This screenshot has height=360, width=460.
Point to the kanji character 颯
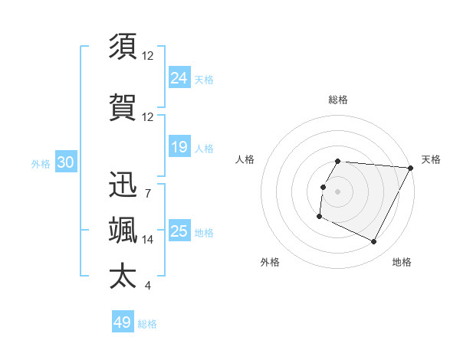[x=123, y=231]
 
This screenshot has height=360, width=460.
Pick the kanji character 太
[x=123, y=277]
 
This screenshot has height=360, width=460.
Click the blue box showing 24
[x=179, y=77]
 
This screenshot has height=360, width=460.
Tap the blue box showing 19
[x=179, y=147]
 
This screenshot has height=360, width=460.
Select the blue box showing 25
[x=179, y=231]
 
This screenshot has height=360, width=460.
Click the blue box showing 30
[x=65, y=162]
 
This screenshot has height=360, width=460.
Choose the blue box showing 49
[x=123, y=322]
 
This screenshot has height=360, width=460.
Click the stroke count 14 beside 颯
[x=148, y=240]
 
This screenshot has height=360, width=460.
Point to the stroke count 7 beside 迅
[x=148, y=193]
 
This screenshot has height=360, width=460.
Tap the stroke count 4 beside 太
[x=148, y=286]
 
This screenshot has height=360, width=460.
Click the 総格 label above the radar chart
[x=338, y=100]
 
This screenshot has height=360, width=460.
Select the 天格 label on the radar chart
[x=431, y=159]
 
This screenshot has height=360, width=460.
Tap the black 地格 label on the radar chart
[x=402, y=262]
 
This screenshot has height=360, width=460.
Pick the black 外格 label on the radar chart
[x=270, y=262]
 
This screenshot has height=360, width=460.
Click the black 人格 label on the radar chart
[x=245, y=159]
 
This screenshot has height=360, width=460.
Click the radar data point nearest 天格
[x=411, y=168]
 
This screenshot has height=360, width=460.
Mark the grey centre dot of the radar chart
[x=338, y=191]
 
